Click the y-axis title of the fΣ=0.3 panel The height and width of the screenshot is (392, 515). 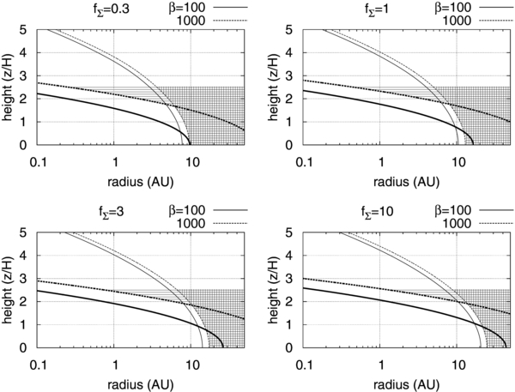(9, 87)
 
